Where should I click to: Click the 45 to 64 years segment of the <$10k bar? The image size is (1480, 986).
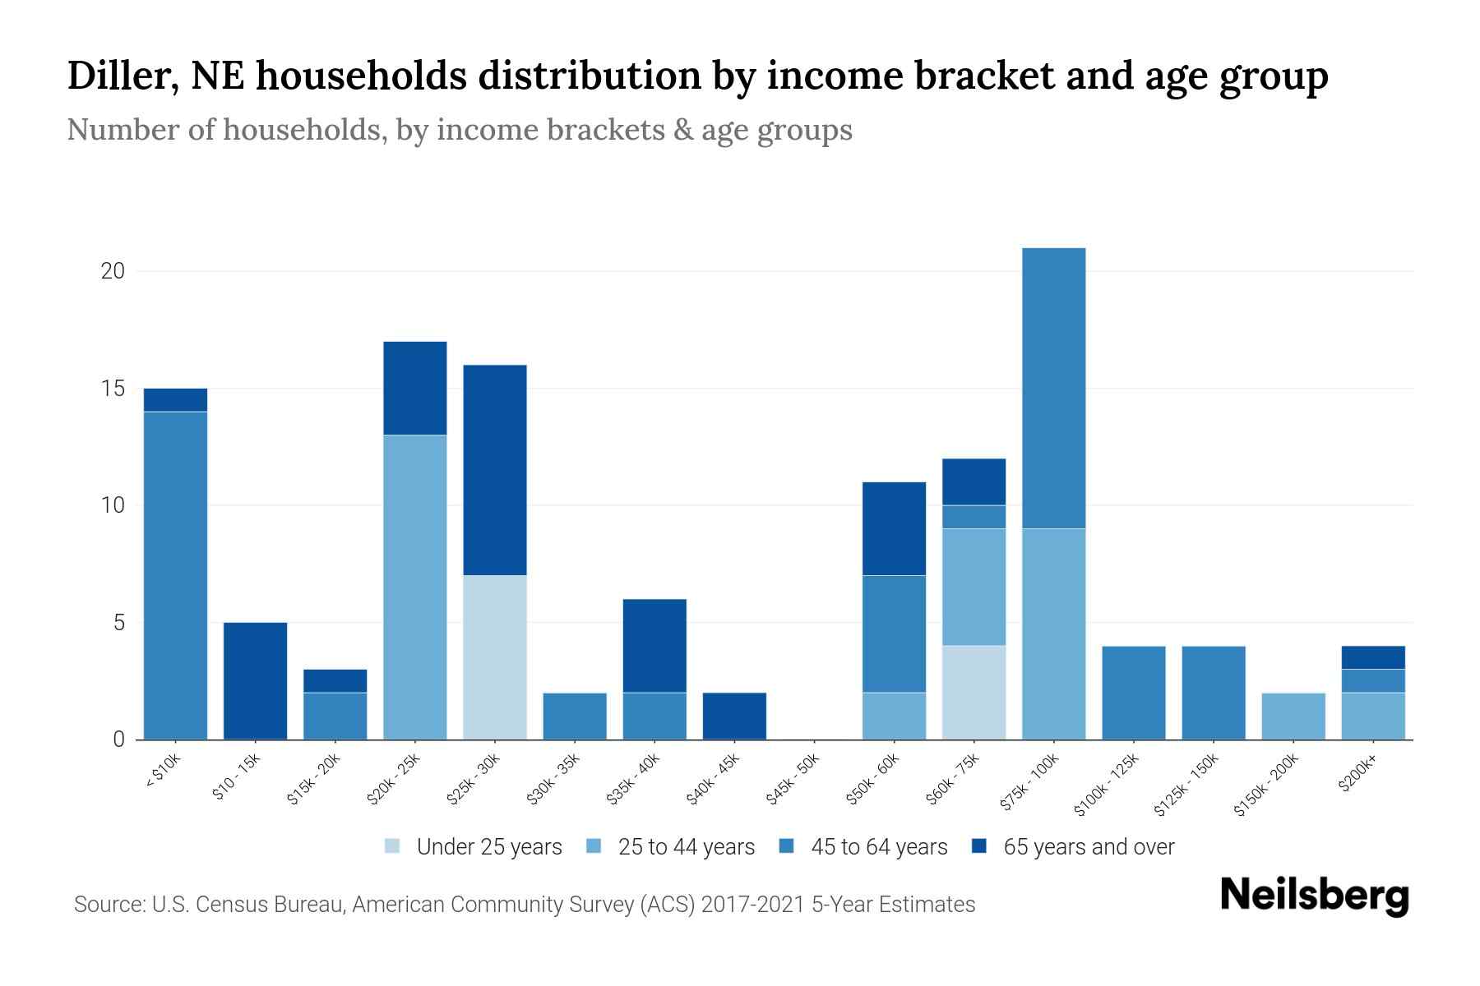(x=175, y=575)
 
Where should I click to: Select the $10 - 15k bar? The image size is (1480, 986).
(x=255, y=681)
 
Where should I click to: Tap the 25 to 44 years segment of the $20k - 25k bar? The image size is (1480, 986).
(x=415, y=587)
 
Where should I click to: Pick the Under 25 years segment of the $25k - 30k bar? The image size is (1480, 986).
(x=495, y=657)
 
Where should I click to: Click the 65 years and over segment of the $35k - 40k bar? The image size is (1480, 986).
(x=654, y=646)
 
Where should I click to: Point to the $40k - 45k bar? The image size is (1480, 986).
(x=734, y=716)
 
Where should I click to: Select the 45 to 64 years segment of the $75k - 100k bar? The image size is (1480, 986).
(x=1053, y=388)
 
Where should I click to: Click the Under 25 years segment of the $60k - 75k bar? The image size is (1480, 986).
(x=974, y=693)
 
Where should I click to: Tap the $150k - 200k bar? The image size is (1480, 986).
(x=1293, y=716)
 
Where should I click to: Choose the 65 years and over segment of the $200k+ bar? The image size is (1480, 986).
(x=1373, y=657)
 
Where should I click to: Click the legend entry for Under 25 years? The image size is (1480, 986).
(x=474, y=847)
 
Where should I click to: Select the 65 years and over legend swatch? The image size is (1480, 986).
(x=979, y=846)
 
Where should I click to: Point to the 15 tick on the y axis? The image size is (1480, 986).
(x=113, y=388)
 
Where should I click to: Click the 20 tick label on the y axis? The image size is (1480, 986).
(x=113, y=271)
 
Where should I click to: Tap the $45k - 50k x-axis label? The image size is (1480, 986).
(x=793, y=778)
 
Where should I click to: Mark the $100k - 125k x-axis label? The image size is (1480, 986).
(x=1107, y=784)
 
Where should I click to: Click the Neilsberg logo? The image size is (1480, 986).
(x=1314, y=896)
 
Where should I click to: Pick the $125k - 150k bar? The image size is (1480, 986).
(x=1213, y=693)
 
